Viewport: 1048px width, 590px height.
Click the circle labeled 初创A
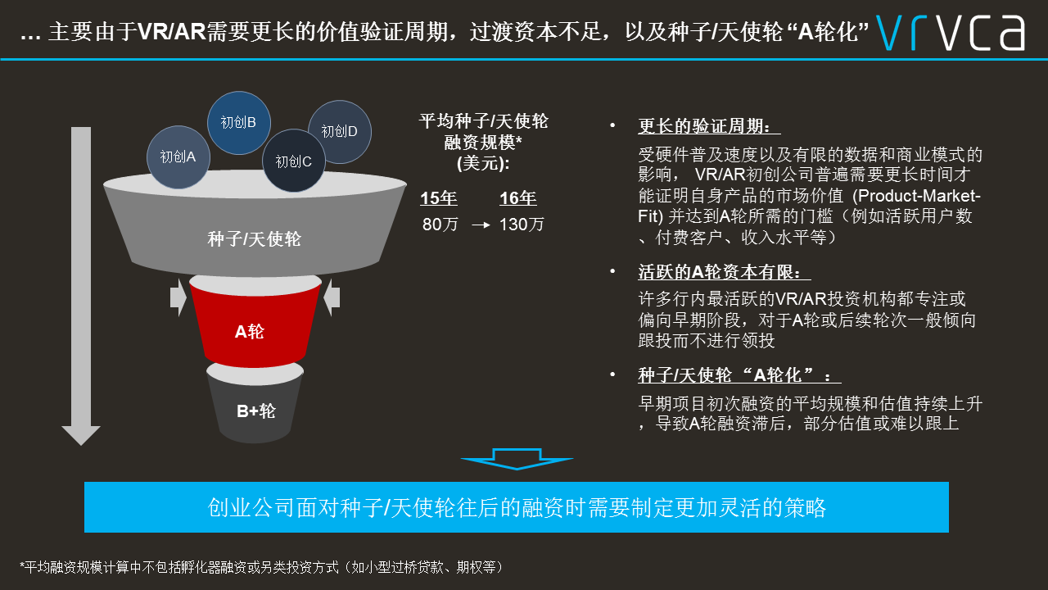click(x=178, y=157)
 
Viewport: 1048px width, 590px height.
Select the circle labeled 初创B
click(x=238, y=123)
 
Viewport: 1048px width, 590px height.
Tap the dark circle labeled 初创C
click(x=294, y=161)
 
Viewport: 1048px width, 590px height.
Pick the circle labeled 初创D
click(x=340, y=132)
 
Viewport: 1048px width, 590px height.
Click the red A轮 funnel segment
click(x=255, y=328)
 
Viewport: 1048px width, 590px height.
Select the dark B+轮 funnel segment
click(x=255, y=407)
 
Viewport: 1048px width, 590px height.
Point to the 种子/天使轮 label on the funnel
click(x=254, y=239)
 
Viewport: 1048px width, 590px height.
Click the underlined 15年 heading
click(x=438, y=198)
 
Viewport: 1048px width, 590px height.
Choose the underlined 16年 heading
click(x=518, y=198)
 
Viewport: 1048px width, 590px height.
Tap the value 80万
click(x=440, y=225)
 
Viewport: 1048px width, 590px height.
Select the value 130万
click(x=522, y=225)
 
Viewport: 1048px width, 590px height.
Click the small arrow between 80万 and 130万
click(x=481, y=225)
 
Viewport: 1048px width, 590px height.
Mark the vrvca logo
click(x=951, y=33)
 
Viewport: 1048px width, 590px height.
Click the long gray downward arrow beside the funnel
click(x=81, y=286)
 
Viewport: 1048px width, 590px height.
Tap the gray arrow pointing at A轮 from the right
click(x=332, y=297)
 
